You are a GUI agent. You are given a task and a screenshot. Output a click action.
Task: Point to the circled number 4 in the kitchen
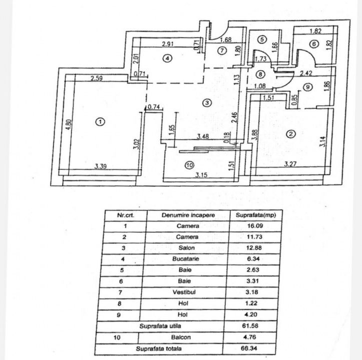168,58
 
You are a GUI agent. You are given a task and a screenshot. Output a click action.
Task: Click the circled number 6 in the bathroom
313,44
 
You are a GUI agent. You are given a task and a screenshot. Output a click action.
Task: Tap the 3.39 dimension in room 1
102,167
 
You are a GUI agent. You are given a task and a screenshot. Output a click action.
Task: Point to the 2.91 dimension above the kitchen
168,44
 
